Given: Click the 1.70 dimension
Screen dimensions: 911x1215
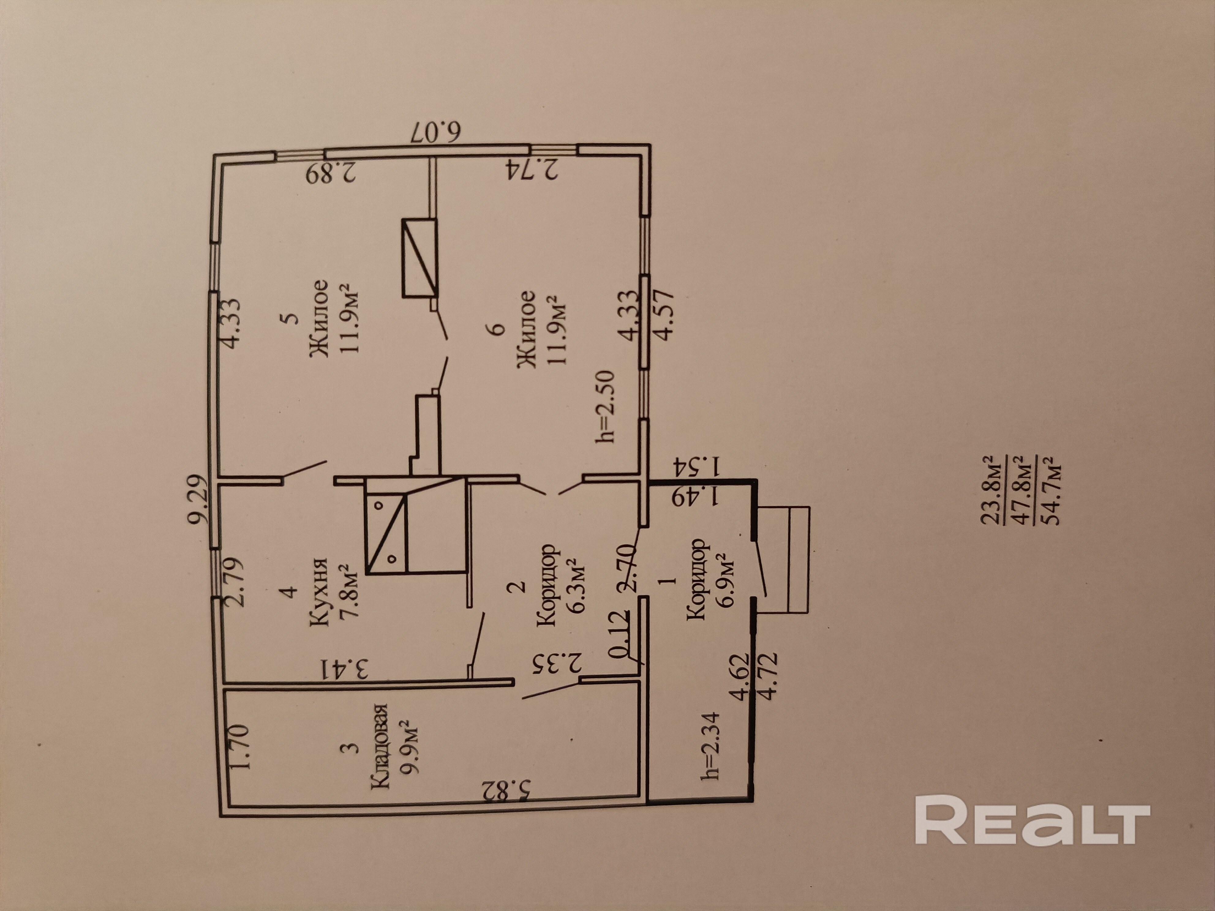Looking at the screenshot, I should pyautogui.click(x=241, y=747).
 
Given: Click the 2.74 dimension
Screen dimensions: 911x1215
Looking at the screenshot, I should pyautogui.click(x=531, y=169).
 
